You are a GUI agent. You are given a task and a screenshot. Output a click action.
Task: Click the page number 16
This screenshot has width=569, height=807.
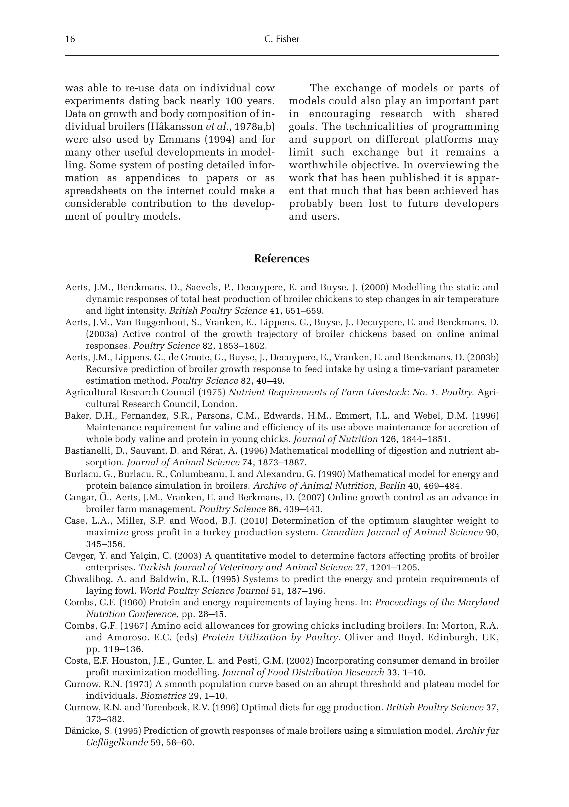(70, 39)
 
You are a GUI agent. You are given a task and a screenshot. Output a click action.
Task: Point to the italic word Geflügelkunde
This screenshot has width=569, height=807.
(117, 743)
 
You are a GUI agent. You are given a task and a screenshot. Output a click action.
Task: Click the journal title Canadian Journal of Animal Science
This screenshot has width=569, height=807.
(402, 533)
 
